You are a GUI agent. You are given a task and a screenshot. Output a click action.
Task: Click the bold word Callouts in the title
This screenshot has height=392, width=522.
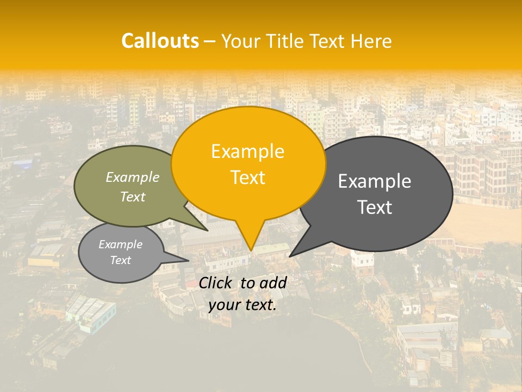[x=160, y=41]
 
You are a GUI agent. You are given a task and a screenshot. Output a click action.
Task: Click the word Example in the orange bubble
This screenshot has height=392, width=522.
[x=247, y=151]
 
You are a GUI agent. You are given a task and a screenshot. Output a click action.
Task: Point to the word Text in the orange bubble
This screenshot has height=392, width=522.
[x=247, y=177]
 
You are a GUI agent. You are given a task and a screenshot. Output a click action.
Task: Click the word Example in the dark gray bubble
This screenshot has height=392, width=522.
[x=375, y=181]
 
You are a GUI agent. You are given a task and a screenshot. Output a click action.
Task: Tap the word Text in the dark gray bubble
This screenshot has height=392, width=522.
[x=375, y=207]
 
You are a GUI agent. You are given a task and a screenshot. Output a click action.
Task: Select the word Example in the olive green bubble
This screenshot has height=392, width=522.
[x=133, y=177]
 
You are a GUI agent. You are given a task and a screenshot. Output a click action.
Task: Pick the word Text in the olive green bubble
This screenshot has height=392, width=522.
[x=133, y=197]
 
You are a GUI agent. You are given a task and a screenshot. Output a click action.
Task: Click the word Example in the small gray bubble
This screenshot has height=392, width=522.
[x=120, y=244]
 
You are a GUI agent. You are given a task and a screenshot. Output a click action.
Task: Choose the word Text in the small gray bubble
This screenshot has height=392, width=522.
[x=120, y=260]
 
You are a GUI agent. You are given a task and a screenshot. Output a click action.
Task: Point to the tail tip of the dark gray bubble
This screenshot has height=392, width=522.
[x=290, y=256]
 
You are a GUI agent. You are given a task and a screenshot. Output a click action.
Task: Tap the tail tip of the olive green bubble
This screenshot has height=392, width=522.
[x=207, y=230]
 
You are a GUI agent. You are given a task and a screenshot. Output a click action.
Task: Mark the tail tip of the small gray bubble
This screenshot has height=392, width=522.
[x=188, y=261]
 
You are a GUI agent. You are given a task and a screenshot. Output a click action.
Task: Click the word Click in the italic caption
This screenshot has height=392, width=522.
[x=216, y=283]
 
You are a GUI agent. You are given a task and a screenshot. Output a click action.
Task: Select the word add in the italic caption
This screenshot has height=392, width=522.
[x=272, y=283]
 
